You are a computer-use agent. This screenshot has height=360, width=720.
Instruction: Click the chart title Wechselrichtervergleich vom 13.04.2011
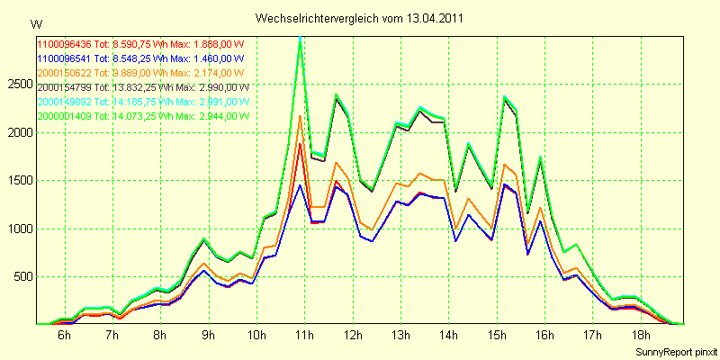click(x=360, y=18)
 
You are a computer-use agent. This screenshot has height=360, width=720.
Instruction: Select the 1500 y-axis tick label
click(x=20, y=180)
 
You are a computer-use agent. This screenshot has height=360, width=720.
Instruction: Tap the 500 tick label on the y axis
click(x=22, y=276)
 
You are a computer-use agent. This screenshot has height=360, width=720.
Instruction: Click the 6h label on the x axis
click(x=64, y=336)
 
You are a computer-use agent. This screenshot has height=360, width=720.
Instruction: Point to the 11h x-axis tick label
click(x=303, y=336)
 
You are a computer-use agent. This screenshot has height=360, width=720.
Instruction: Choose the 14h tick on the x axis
click(x=447, y=336)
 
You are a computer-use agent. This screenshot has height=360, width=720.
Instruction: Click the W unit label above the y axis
click(x=35, y=23)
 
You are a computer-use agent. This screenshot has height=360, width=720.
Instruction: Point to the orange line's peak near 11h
click(x=300, y=116)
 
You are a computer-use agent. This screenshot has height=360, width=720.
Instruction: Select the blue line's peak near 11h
click(x=300, y=184)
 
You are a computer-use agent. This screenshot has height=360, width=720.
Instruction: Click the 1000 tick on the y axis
click(x=20, y=229)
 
